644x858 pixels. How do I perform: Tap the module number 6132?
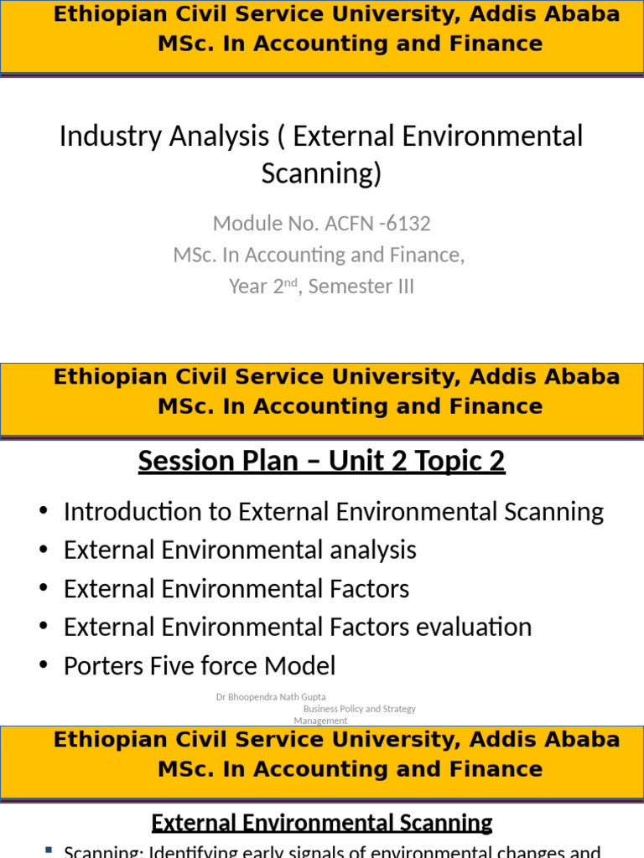coord(409,224)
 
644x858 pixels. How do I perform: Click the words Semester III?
coord(361,287)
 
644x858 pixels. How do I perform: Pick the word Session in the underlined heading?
coord(185,461)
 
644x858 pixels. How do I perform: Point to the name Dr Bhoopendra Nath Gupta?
coord(271,696)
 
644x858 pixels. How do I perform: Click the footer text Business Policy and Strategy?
coord(359,709)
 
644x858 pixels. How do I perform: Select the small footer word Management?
coord(320,721)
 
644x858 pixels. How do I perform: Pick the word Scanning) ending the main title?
coord(321,173)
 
